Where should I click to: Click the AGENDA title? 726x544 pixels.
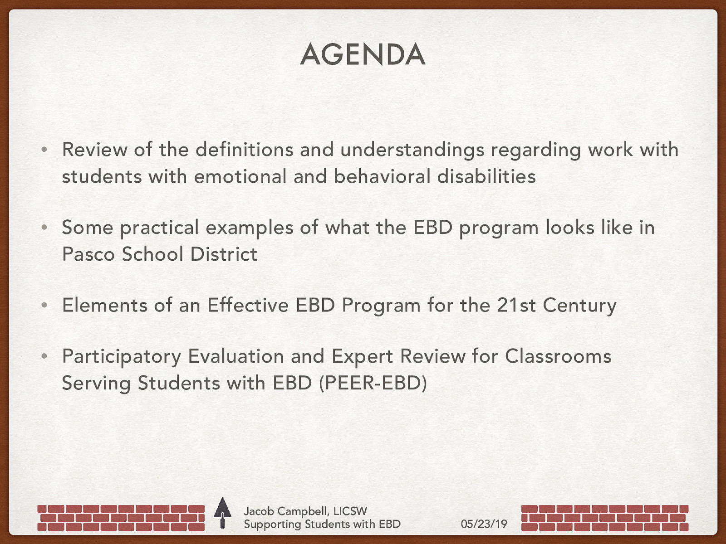363,55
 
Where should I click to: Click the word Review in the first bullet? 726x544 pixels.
94,150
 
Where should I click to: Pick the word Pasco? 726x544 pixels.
88,254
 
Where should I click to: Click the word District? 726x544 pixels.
224,254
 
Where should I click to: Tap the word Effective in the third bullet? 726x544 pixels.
248,305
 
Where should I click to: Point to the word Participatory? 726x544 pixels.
122,357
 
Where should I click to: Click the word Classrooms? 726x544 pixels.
558,356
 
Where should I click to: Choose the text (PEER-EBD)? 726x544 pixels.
373,383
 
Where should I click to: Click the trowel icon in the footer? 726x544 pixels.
222,513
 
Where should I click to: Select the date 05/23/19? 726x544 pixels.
484,524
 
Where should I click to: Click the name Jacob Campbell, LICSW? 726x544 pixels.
305,511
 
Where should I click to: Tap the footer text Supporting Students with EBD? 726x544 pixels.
322,525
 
